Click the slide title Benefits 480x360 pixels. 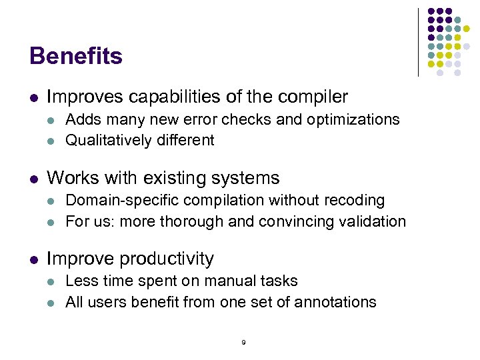click(x=76, y=56)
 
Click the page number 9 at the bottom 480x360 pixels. click(x=243, y=342)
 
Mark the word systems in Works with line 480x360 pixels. click(x=247, y=178)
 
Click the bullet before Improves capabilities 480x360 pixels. click(x=33, y=98)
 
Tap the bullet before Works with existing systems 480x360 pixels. click(x=33, y=179)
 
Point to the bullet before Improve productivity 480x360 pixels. click(x=33, y=259)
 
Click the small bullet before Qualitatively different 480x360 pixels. click(x=53, y=141)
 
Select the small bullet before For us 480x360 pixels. click(x=53, y=222)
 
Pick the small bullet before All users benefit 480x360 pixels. click(x=53, y=303)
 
